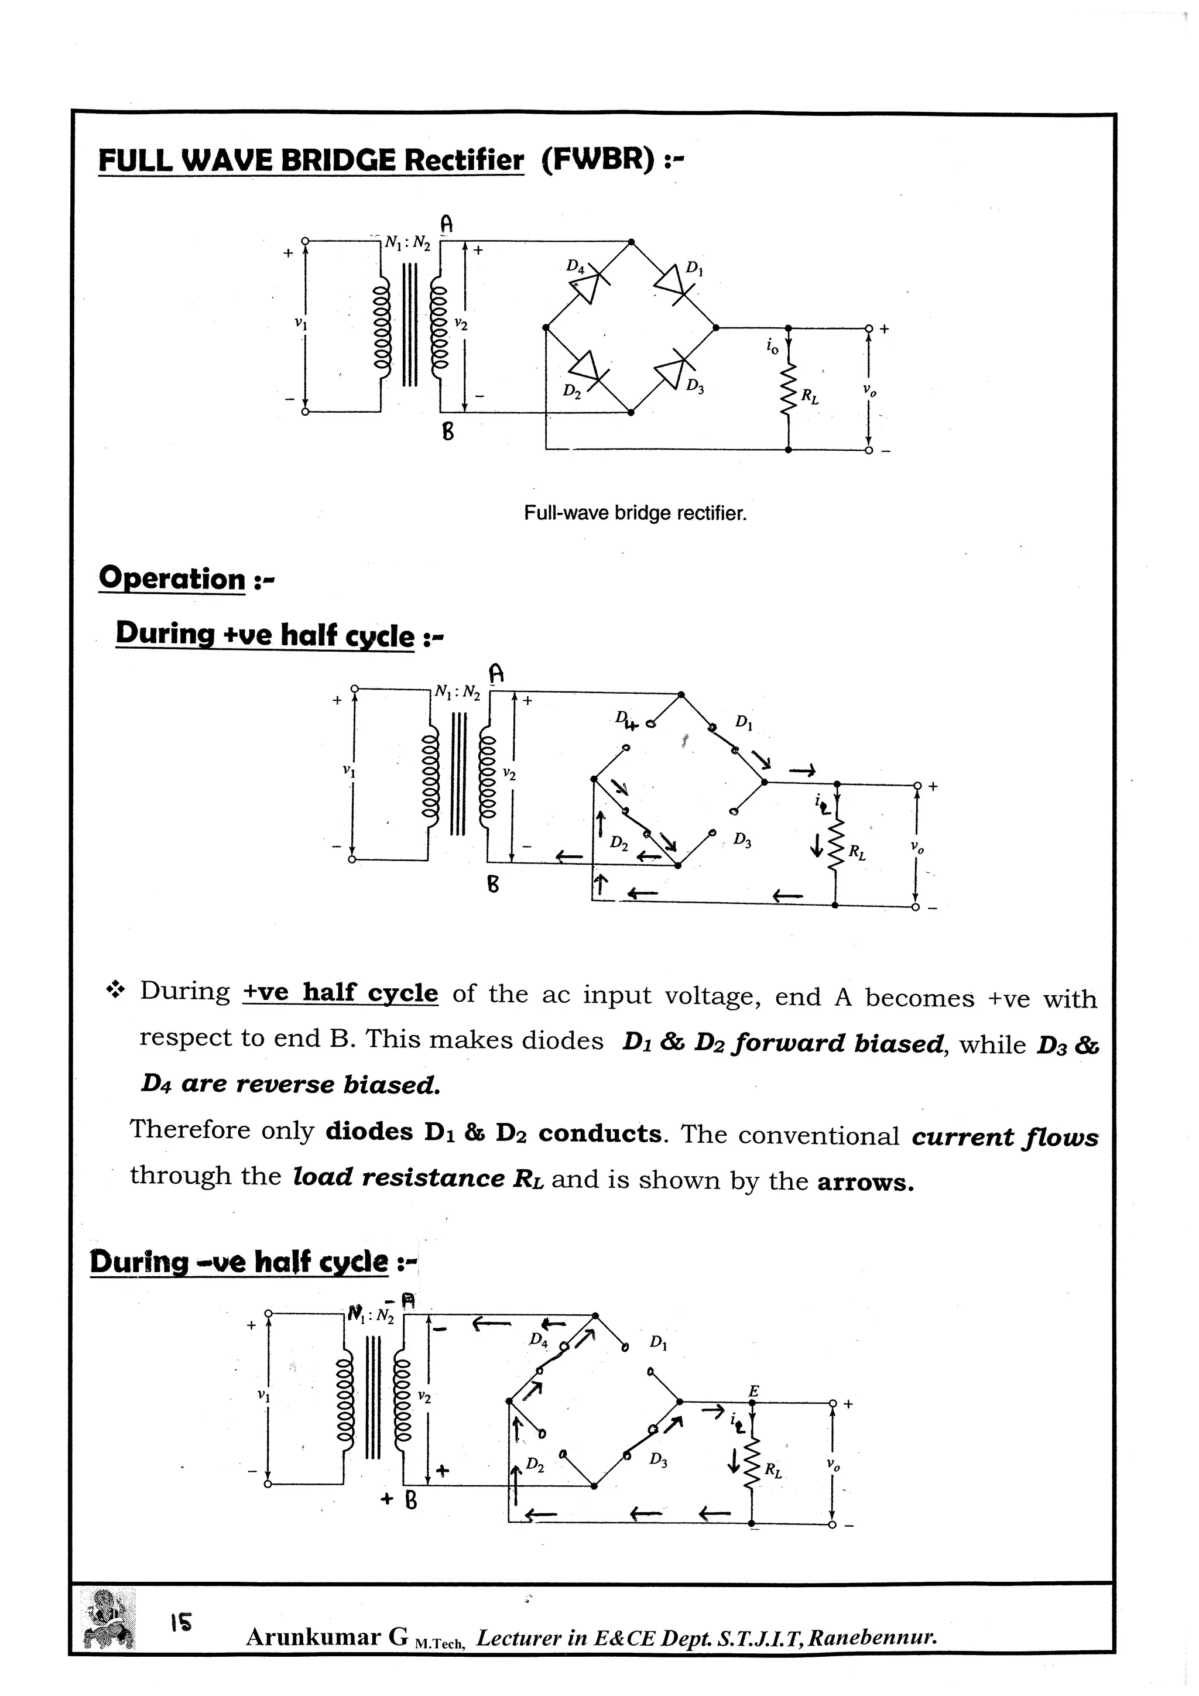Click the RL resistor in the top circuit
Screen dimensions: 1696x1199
(789, 390)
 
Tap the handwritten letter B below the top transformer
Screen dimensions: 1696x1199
(448, 431)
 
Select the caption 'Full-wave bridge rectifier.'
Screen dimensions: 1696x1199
(635, 513)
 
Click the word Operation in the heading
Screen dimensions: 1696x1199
(172, 578)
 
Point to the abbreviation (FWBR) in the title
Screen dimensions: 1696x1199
(598, 160)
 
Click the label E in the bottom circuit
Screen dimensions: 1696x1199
(753, 1391)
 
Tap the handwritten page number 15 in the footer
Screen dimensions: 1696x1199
(180, 1622)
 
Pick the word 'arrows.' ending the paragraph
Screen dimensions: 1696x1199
(866, 1182)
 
